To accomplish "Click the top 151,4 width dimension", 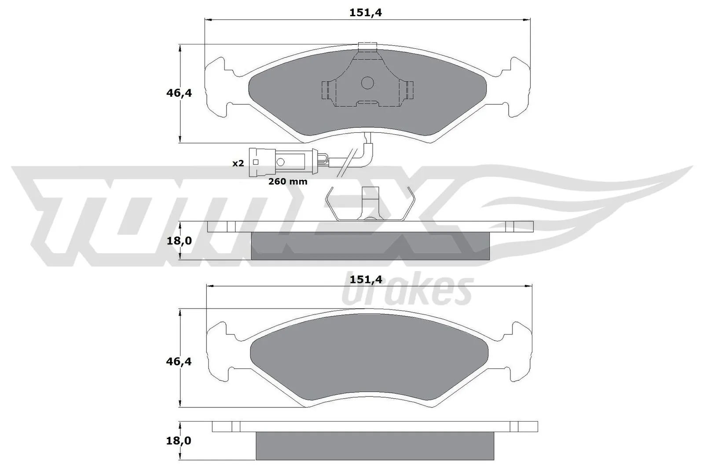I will [x=366, y=13].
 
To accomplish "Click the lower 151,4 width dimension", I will [x=366, y=279].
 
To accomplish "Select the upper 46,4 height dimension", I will [x=179, y=93].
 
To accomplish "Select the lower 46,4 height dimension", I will [x=179, y=361].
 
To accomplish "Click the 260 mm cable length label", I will [x=288, y=181].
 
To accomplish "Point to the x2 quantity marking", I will [x=238, y=164].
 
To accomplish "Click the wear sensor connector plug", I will [x=282, y=162].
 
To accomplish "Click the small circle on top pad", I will [x=367, y=82].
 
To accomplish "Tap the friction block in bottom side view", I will [x=374, y=445].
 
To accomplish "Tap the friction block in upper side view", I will [x=370, y=245].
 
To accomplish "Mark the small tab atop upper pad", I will [x=368, y=46].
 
